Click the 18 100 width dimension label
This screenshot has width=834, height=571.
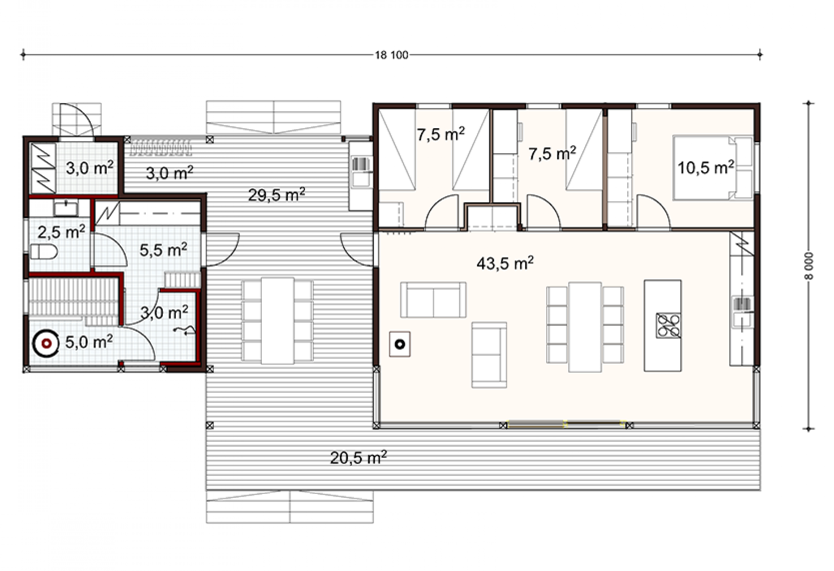click(391, 55)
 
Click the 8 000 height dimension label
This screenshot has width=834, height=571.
click(808, 266)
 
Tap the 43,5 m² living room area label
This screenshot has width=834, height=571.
click(505, 263)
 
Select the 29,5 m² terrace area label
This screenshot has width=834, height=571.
click(277, 195)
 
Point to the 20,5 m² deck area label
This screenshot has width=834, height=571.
click(358, 458)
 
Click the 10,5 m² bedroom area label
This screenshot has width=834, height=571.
click(706, 168)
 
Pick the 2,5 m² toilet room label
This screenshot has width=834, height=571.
click(61, 232)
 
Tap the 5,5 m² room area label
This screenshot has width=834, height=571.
click(163, 250)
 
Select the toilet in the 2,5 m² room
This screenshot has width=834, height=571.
click(43, 252)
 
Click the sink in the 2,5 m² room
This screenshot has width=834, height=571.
click(66, 209)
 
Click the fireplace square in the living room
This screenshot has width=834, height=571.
click(400, 344)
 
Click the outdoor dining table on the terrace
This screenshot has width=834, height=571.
click(278, 320)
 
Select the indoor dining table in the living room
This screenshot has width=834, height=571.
click(585, 327)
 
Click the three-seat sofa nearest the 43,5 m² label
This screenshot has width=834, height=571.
click(433, 300)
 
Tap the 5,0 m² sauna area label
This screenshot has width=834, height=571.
click(89, 342)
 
